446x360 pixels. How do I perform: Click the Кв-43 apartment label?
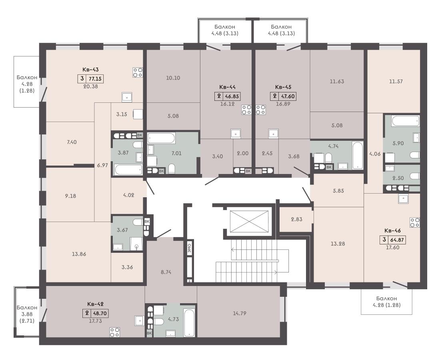(x=90, y=69)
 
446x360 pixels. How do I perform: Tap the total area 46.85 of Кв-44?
(x=232, y=96)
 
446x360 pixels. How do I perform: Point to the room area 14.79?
(x=240, y=313)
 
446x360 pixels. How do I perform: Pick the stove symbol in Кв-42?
(x=115, y=332)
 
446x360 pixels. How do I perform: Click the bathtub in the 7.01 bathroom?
(x=161, y=138)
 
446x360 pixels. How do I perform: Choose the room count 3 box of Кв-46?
(x=384, y=240)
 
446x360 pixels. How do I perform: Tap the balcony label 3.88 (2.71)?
(x=27, y=314)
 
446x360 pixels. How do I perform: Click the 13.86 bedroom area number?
(x=79, y=254)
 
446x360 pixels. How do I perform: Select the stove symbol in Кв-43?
(x=137, y=72)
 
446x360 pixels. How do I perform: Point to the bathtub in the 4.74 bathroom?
(x=357, y=155)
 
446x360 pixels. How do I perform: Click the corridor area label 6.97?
(x=102, y=165)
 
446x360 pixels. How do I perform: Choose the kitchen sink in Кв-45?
(x=273, y=133)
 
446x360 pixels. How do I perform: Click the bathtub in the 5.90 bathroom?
(x=405, y=121)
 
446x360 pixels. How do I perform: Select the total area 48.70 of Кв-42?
(x=100, y=313)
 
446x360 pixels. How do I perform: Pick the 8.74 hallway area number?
(x=166, y=272)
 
